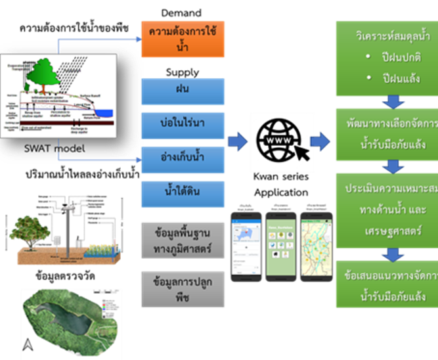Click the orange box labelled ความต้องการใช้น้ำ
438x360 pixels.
pos(183,39)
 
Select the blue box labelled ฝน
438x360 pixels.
pos(183,89)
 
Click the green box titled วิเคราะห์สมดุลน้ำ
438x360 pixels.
pos(387,58)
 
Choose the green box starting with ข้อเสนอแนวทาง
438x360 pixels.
pos(387,283)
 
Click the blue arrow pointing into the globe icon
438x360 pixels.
pos(236,141)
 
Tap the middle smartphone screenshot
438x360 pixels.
pos(282,245)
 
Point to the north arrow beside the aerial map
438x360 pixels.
pos(27,344)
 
